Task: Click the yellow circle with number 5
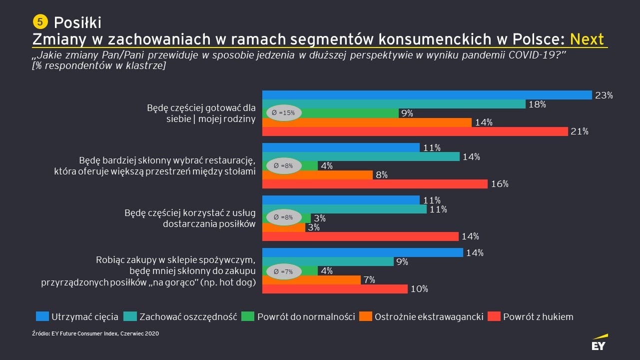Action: point(40,21)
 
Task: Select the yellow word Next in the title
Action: point(587,39)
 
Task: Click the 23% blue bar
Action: point(427,95)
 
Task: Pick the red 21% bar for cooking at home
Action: point(415,131)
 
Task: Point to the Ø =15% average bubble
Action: point(283,113)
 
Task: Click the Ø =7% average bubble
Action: point(283,271)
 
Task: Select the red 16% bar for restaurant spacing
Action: point(375,184)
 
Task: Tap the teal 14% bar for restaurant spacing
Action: point(361,156)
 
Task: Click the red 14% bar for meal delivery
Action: point(360,236)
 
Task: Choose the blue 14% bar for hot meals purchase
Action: point(363,252)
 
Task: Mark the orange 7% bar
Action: point(311,280)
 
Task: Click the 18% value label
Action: point(538,104)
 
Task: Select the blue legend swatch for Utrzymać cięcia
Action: point(42,316)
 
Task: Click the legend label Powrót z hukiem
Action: point(538,316)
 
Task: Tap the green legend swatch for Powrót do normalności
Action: point(248,316)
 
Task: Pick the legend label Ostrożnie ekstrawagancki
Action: point(429,316)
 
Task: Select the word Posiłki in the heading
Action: point(77,22)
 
